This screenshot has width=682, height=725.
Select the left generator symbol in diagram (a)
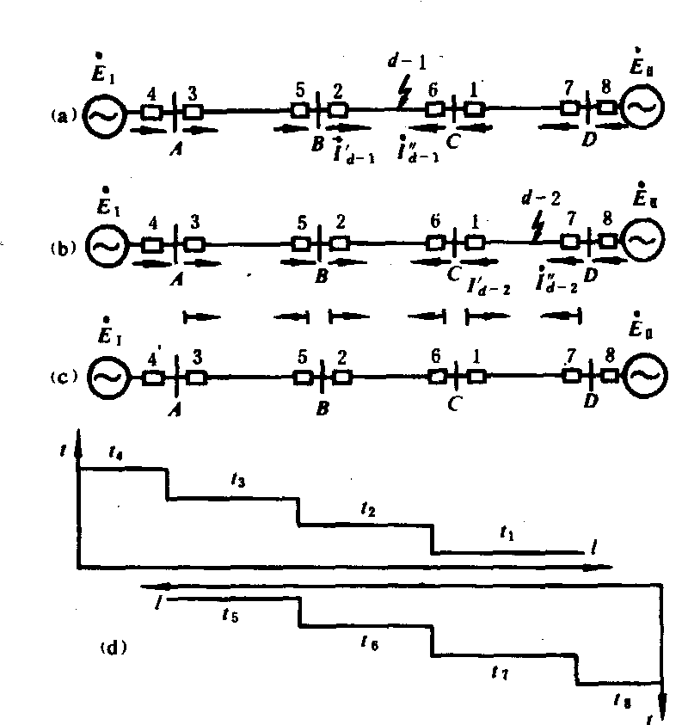(105, 112)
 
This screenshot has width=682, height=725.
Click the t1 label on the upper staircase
(507, 533)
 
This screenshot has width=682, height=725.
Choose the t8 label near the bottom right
(620, 701)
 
